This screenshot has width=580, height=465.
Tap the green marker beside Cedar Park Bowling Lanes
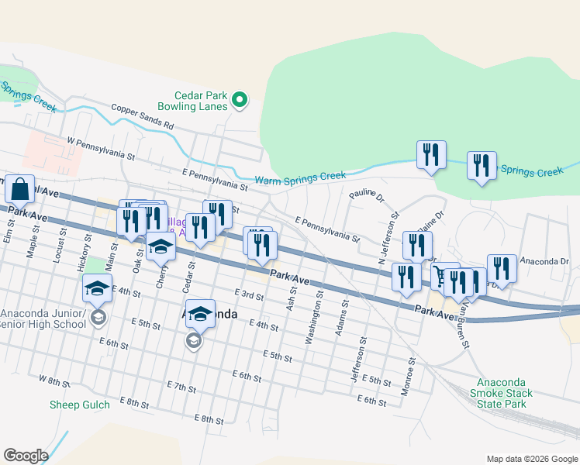(240, 99)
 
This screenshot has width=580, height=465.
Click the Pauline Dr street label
(366, 197)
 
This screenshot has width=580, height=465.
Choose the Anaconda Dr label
(544, 262)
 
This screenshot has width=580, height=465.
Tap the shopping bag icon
(21, 189)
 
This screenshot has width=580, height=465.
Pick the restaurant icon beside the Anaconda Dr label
(501, 269)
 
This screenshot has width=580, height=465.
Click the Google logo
(26, 456)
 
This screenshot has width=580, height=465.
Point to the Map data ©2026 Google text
(531, 458)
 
